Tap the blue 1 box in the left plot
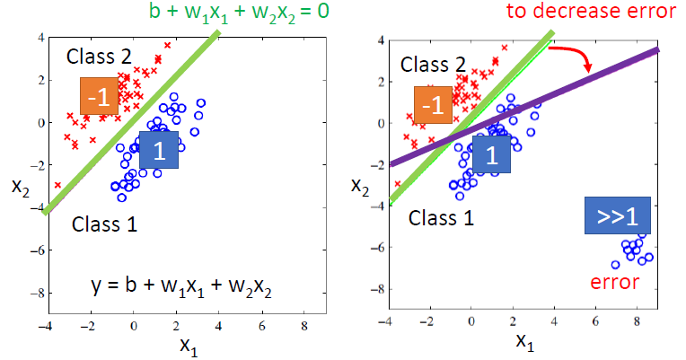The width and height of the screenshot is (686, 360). click(159, 150)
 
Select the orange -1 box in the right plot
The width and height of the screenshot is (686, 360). click(434, 106)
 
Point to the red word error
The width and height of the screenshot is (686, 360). click(614, 282)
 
